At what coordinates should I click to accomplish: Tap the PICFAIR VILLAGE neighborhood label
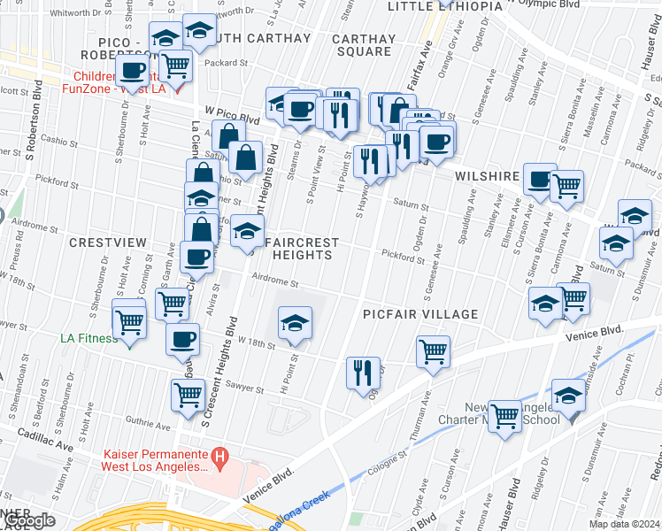(x=420, y=314)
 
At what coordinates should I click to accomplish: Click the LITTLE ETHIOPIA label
(x=445, y=6)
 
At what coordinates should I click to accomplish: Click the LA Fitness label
(x=89, y=338)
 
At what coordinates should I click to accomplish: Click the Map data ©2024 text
(x=625, y=524)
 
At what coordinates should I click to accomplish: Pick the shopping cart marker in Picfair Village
(x=433, y=350)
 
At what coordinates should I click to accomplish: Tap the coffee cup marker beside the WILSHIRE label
(x=539, y=180)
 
